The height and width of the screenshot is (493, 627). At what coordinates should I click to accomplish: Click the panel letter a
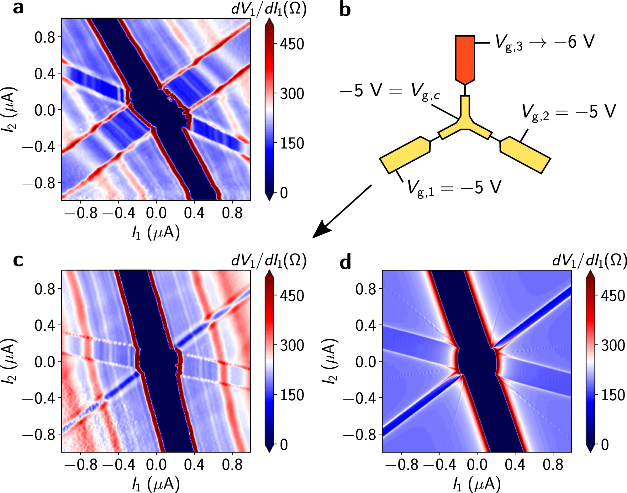[x=18, y=8]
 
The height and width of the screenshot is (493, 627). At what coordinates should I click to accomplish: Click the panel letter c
[x=18, y=260]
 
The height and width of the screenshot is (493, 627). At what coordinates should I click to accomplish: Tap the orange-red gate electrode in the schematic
[x=465, y=60]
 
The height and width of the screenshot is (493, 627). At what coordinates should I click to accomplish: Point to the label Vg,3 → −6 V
[x=545, y=43]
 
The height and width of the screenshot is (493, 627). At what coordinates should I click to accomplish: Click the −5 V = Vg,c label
[x=390, y=92]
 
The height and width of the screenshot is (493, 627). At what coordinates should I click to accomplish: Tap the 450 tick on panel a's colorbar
[x=292, y=44]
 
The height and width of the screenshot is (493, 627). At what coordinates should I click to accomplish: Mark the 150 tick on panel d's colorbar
[x=613, y=395]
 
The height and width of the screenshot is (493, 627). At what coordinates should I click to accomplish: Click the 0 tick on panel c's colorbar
[x=284, y=445]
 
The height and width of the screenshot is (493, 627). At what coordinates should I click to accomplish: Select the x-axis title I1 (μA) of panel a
[x=156, y=233]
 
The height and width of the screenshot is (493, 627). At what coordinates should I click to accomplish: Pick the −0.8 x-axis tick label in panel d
[x=401, y=465]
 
